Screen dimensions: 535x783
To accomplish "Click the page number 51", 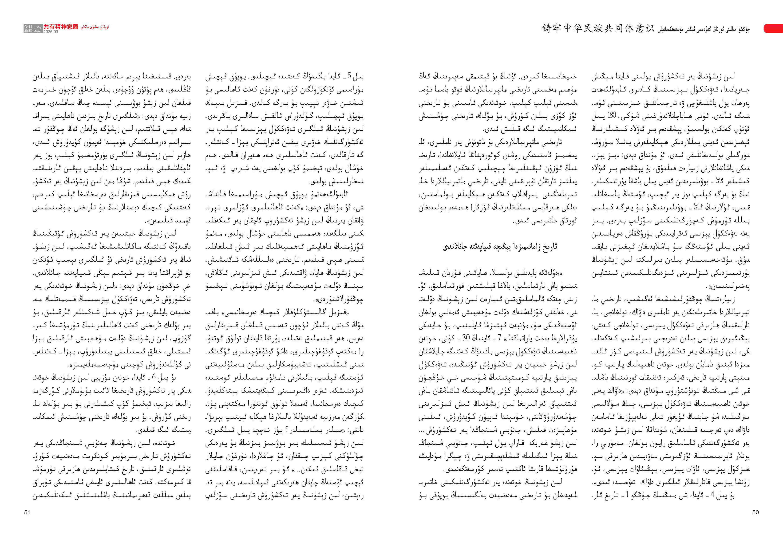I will (27, 512).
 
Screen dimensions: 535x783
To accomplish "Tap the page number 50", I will (755, 512).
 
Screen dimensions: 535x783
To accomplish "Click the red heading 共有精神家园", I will (61, 27).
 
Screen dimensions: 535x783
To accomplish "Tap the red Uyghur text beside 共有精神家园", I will (95, 27).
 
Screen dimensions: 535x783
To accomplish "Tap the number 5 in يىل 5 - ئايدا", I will (349, 77).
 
